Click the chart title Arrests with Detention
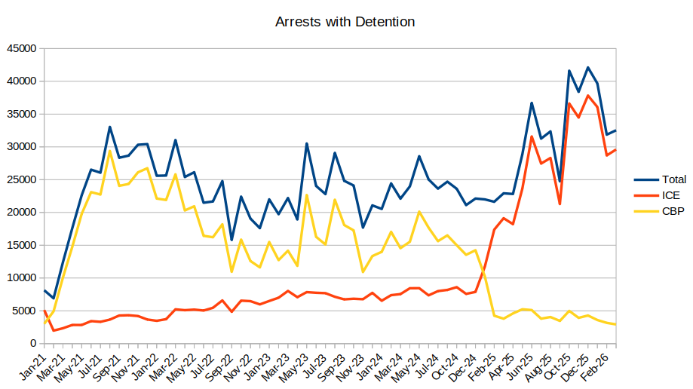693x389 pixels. [345, 22]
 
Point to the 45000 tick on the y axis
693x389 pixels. [20, 48]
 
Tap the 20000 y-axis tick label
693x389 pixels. [20, 213]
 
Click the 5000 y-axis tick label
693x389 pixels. [23, 311]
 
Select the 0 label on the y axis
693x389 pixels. [33, 344]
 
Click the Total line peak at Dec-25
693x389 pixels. [588, 68]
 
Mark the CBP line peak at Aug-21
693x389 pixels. [110, 151]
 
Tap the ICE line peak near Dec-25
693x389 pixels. [588, 96]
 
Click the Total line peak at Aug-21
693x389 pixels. [110, 127]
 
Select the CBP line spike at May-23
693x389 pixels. [306, 194]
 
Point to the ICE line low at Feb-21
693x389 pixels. [54, 330]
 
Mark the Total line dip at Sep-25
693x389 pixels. [560, 182]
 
